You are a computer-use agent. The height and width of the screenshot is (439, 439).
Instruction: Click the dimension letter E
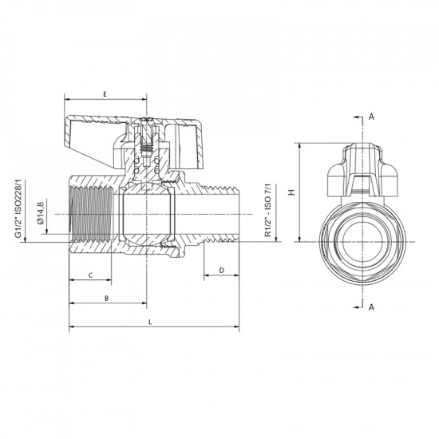pos(105,94)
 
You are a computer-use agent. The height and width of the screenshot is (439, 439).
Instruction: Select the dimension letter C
pos(89,275)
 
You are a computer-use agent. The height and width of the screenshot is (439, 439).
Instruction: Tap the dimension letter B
pos(107,299)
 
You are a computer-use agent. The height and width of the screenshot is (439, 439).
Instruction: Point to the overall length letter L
pos(152,322)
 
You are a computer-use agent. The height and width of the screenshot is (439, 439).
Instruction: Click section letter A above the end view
pos(371,117)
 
